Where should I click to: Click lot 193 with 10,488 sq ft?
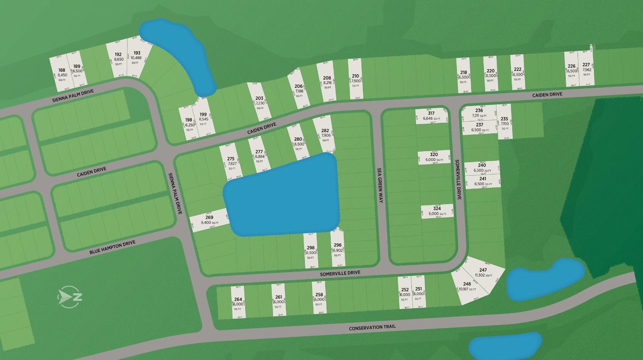[x=137, y=57]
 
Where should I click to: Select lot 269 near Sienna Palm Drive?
[x=209, y=220]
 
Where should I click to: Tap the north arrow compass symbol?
[x=70, y=296]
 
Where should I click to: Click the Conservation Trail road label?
[x=372, y=327]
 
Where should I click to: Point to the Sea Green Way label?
[x=380, y=185]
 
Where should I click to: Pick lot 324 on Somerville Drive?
[x=437, y=211]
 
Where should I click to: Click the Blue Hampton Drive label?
[x=112, y=247]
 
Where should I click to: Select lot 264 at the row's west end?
[x=238, y=302]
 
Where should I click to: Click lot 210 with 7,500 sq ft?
[x=355, y=79]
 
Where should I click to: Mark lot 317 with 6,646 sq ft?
[x=431, y=116]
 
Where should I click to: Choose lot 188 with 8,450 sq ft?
[x=61, y=73]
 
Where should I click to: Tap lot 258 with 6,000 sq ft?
[x=319, y=297]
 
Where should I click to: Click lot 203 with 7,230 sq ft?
[x=259, y=101]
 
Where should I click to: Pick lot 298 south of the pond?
[x=310, y=250]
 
